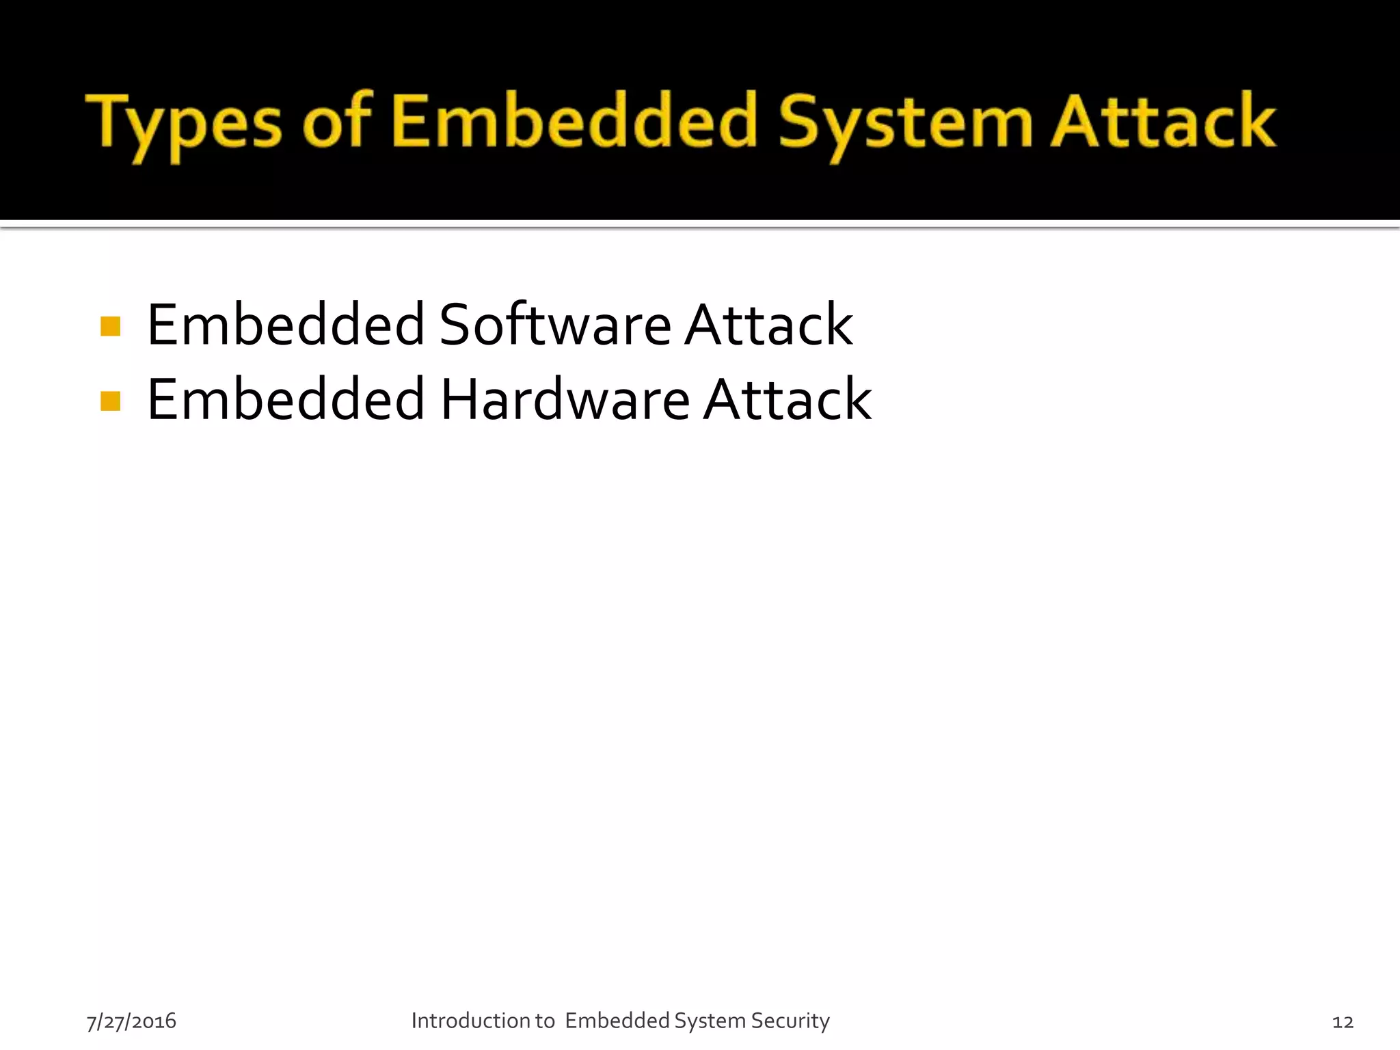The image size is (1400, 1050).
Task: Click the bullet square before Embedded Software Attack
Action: click(x=110, y=326)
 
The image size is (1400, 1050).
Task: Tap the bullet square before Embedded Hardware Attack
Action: click(x=110, y=401)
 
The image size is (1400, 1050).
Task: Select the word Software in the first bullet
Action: click(x=555, y=325)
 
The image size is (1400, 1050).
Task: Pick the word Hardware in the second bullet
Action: click(x=565, y=399)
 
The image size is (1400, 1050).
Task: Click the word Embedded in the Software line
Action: click(x=286, y=325)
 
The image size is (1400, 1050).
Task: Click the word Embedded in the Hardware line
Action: click(x=286, y=399)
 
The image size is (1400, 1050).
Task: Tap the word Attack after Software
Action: click(x=768, y=325)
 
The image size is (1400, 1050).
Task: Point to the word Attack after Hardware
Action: click(x=787, y=399)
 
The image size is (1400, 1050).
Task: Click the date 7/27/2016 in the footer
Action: click(x=131, y=1021)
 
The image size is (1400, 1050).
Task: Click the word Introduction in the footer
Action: click(x=471, y=1021)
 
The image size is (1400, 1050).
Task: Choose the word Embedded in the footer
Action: click(x=617, y=1021)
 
